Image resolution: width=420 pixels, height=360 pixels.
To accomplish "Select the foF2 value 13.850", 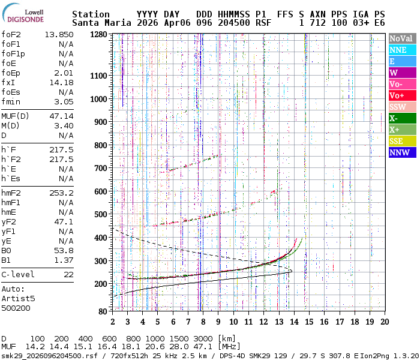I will tap(59, 34).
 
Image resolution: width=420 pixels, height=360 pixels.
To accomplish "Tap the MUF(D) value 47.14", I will tap(61, 116).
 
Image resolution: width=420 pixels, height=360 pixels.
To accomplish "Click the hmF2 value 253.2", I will tap(61, 193).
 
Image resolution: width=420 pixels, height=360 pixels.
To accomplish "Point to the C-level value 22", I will tap(68, 274).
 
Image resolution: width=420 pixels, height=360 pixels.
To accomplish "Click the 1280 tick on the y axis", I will tap(97, 34).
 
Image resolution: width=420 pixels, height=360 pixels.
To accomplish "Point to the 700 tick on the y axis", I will tap(100, 168).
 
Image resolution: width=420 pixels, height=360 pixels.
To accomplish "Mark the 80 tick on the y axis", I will tap(102, 311).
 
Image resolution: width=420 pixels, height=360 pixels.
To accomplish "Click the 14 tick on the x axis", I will tap(294, 322).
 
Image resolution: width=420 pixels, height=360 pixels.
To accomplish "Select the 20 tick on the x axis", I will tap(384, 322).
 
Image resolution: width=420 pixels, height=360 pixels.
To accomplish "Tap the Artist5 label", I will tap(19, 298).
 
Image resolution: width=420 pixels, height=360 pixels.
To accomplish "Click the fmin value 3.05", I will tap(64, 101).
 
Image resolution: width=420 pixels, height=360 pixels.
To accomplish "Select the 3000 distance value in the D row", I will tap(203, 338).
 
